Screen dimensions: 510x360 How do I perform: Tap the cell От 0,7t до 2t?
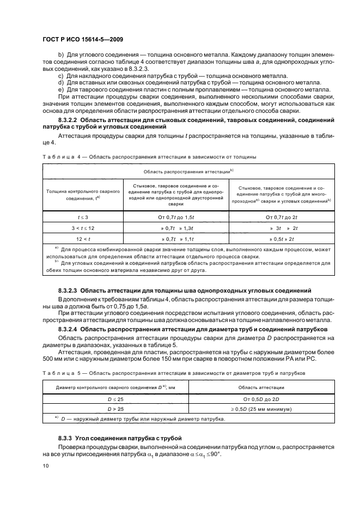pyautogui.click(x=280, y=217)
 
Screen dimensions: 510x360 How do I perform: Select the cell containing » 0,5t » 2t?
pyautogui.click(x=280, y=239)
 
